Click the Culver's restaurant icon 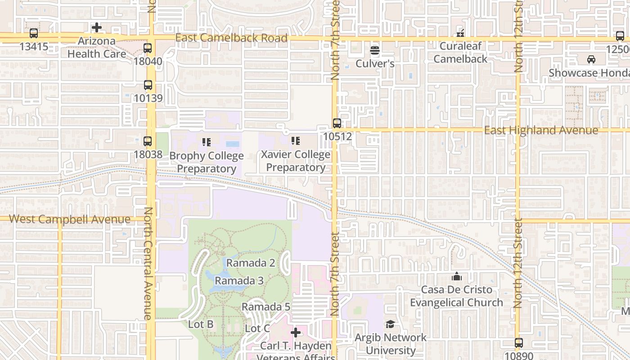point(375,50)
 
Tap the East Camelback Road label point(231,38)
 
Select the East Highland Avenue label point(541,130)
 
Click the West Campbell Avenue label point(70,220)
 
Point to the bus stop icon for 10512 point(337,123)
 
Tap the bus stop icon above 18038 point(148,141)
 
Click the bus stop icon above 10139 point(148,85)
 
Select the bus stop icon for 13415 point(34,33)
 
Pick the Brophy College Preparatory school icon point(207,143)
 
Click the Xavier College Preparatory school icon point(296,141)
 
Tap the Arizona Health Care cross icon point(97,28)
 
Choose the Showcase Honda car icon point(591,59)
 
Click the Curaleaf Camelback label point(460,52)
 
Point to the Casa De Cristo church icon point(457,276)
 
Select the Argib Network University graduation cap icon point(390,324)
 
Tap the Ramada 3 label point(239,281)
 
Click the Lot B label point(201,324)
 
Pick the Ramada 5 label point(265,307)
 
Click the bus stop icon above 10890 point(519,343)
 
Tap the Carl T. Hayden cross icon point(296,333)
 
